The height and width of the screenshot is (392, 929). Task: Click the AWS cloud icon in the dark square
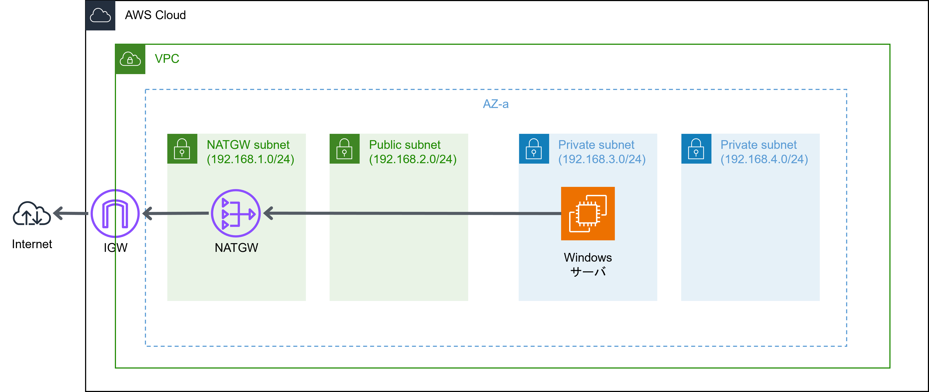click(100, 15)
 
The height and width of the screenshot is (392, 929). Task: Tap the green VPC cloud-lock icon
click(130, 59)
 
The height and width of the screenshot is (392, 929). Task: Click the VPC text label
click(167, 59)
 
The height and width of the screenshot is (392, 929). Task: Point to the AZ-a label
click(496, 104)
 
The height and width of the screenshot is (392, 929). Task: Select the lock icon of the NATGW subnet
click(182, 149)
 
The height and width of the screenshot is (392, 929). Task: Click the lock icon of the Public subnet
click(344, 149)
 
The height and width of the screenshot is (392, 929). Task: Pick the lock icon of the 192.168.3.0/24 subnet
click(534, 149)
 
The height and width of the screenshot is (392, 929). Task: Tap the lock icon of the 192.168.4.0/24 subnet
click(696, 149)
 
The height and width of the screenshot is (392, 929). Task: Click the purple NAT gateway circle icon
click(236, 213)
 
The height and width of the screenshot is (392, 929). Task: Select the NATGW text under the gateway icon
click(236, 248)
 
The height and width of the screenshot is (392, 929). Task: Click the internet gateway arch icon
click(115, 214)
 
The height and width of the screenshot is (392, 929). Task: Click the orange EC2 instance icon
click(588, 214)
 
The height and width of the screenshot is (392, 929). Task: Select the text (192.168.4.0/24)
click(764, 159)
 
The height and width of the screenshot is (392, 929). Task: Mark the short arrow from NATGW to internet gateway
click(177, 213)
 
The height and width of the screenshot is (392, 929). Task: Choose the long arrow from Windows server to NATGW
click(411, 213)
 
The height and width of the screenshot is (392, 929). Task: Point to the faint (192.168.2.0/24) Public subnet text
click(413, 159)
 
